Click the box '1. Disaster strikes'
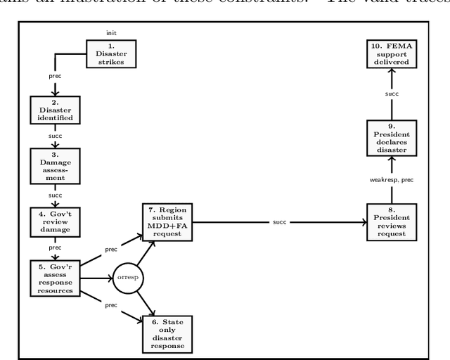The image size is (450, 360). click(111, 54)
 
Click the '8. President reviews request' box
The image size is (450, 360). click(392, 221)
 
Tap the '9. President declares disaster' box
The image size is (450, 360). click(392, 138)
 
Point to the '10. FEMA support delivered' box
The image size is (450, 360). click(392, 54)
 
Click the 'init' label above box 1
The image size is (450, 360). click(111, 33)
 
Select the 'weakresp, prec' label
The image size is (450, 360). click(392, 180)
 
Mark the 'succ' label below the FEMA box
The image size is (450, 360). click(392, 93)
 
